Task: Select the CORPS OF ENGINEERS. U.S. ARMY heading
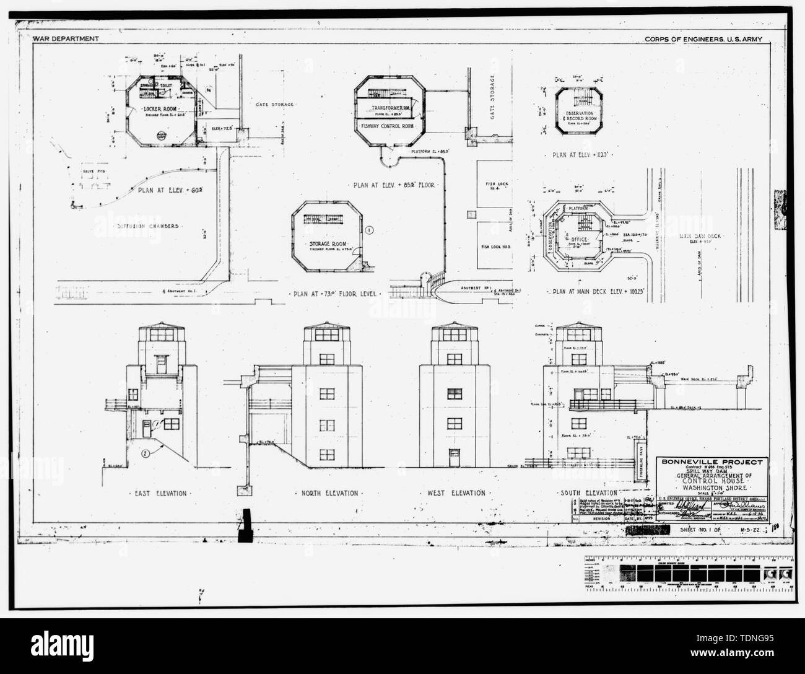tap(702, 39)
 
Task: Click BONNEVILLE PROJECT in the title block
tap(713, 462)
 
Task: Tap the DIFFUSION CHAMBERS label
tap(149, 226)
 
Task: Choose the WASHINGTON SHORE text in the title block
tap(712, 486)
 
